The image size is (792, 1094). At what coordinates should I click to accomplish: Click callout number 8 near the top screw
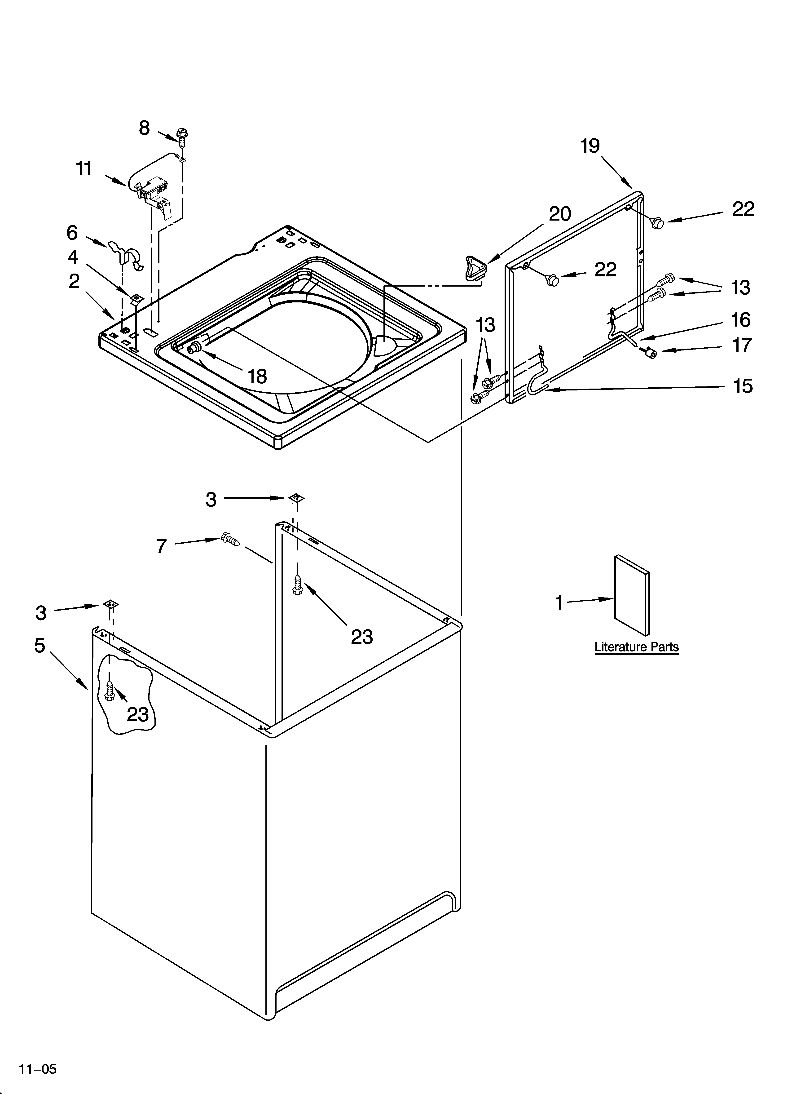click(x=144, y=128)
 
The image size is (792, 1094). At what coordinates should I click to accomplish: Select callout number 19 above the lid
click(x=590, y=146)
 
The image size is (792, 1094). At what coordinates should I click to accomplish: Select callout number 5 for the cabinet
click(x=40, y=645)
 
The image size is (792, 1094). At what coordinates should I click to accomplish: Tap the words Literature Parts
click(x=636, y=647)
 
